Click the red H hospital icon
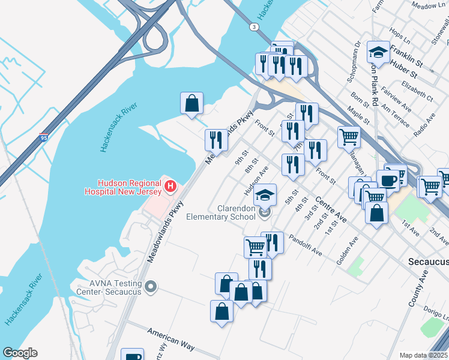[170, 186]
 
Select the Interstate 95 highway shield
[44, 137]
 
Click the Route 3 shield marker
[255, 27]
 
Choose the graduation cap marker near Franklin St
[379, 53]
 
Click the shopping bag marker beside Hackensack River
[191, 103]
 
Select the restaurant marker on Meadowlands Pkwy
[216, 140]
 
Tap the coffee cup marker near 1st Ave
[388, 181]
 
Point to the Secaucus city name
[428, 262]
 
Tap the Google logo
[20, 353]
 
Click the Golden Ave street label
[348, 250]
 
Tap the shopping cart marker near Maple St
[348, 137]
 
